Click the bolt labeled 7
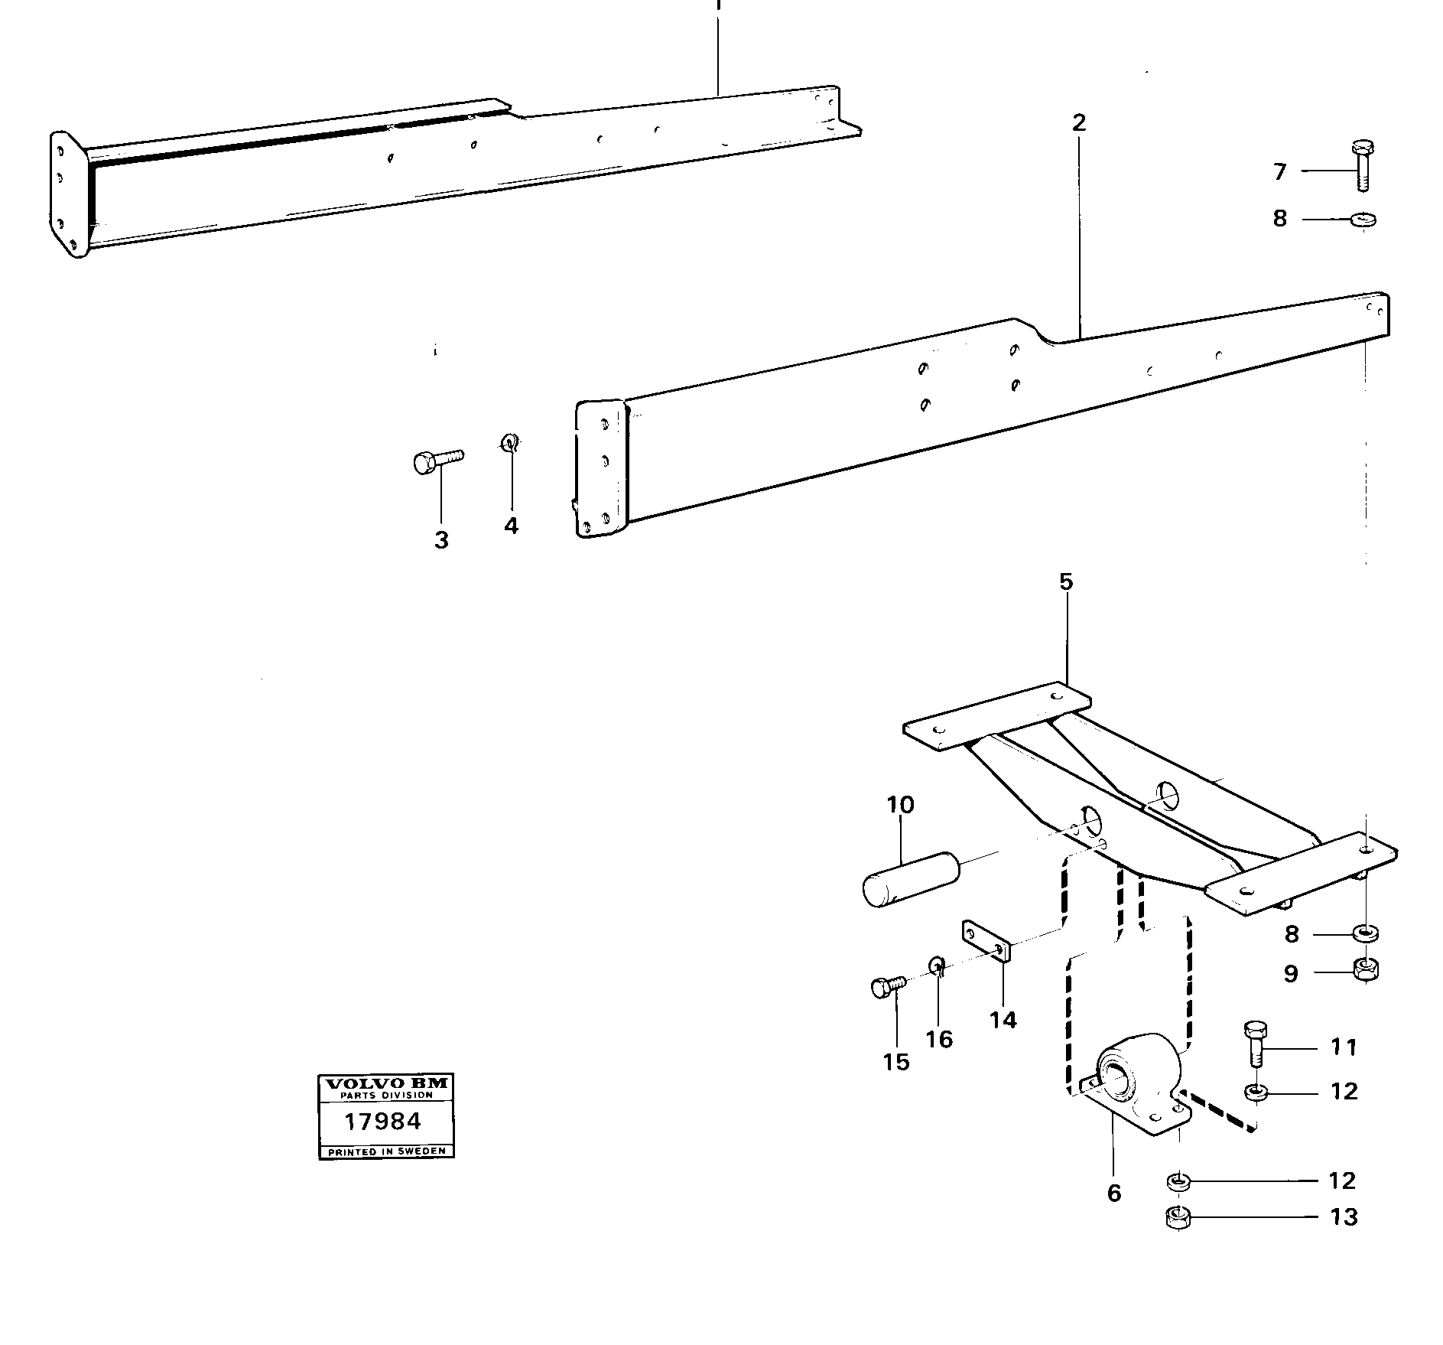tap(1360, 164)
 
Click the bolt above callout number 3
tap(436, 461)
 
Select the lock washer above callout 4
tap(509, 442)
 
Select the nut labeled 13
tap(1178, 1216)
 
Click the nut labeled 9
tap(1364, 970)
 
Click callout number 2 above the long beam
tap(1078, 123)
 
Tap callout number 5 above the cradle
tap(1066, 582)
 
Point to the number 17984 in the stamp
tap(382, 1122)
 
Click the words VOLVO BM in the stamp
tap(385, 1083)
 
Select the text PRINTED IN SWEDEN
tap(386, 1151)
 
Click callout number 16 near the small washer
tap(939, 1039)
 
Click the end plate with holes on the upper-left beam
tap(68, 194)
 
